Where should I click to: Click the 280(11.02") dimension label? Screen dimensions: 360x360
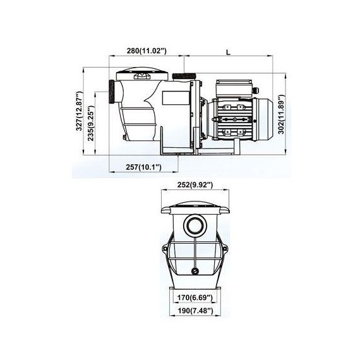[x=147, y=51]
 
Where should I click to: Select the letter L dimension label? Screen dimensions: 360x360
[x=228, y=52]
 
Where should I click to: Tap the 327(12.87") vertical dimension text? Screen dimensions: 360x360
[x=79, y=111]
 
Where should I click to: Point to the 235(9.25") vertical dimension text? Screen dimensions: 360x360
[x=91, y=123]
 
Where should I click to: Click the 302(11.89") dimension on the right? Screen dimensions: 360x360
[x=281, y=114]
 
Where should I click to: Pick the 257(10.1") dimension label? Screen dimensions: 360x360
[x=143, y=167]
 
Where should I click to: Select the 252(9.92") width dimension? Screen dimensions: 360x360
[x=195, y=184]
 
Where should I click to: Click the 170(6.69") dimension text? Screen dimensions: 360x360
[x=195, y=297]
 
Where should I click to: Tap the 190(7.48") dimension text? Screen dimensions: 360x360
[x=195, y=311]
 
